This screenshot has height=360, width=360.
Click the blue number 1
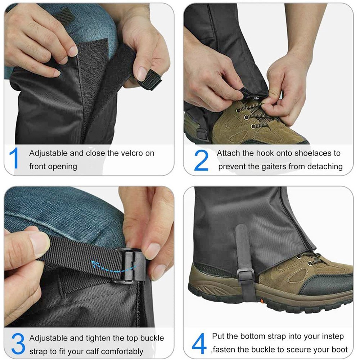tap(14, 158)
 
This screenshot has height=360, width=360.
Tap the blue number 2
tap(201, 160)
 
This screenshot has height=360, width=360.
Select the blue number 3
tap(18, 343)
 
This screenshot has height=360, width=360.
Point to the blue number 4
tap(199, 344)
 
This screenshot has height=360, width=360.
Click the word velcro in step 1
tap(131, 153)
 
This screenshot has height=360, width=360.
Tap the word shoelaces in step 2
tap(313, 153)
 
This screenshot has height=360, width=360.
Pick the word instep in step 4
tap(333, 337)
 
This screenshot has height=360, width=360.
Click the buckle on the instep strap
tap(246, 275)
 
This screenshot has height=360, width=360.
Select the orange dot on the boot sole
tap(262, 301)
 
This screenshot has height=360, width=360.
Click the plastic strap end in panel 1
tap(150, 80)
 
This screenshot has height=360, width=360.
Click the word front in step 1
tap(38, 166)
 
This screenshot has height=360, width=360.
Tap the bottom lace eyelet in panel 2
tap(253, 126)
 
